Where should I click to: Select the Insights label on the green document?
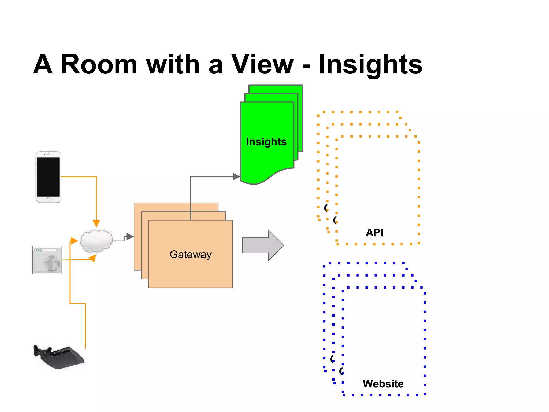point(266,142)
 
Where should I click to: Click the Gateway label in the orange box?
point(191,254)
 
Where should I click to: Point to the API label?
point(374,233)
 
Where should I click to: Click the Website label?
point(383,384)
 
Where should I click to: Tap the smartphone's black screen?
point(48,177)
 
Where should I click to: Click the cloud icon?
point(97,241)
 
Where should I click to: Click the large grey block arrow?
point(263,245)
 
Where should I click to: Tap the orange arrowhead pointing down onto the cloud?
point(96,223)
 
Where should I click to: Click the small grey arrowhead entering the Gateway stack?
point(130,236)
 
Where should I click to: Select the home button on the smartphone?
point(48,199)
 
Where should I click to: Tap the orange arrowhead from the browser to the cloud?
point(92,258)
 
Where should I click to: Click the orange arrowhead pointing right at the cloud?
point(74,241)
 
